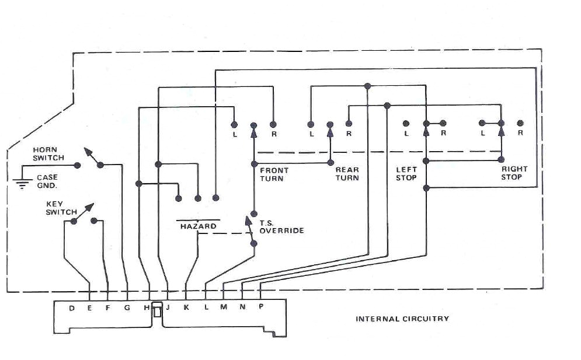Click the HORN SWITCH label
tap(48, 153)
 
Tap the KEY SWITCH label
tap(61, 208)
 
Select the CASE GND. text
tap(47, 181)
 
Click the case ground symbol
tap(22, 184)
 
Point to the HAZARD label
tap(198, 226)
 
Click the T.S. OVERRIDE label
tap(280, 227)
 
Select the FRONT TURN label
tap(274, 174)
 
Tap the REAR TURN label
tap(347, 173)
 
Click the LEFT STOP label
tap(406, 173)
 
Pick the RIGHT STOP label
tap(514, 173)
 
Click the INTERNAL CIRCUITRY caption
tap(402, 319)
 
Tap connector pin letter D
tap(71, 308)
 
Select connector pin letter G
tap(127, 308)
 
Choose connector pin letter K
tap(186, 308)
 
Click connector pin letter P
tap(260, 307)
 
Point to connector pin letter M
tap(224, 308)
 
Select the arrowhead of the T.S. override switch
tap(248, 221)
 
